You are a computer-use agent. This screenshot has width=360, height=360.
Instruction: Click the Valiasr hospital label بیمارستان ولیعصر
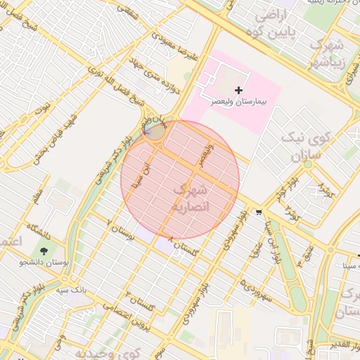(240, 102)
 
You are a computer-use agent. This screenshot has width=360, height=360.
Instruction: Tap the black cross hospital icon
(239, 90)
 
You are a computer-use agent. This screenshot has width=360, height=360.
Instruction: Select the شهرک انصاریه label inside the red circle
(190, 198)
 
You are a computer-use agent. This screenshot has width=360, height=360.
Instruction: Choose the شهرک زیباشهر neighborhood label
(328, 53)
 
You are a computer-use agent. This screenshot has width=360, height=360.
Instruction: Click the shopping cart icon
(259, 212)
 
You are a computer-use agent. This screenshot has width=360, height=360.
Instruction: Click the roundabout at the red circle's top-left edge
(156, 131)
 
